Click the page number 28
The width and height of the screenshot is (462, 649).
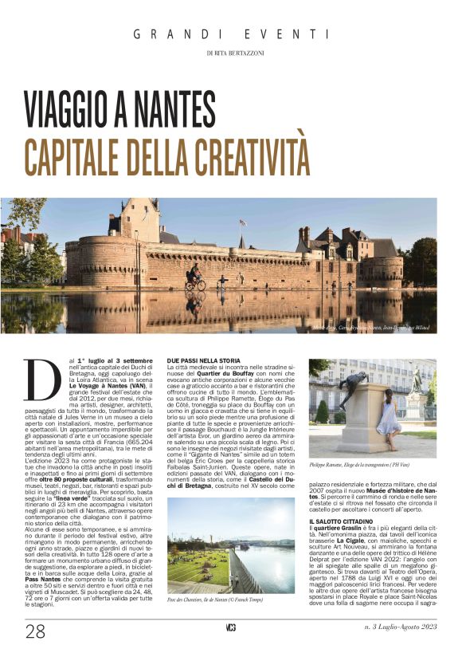(x=36, y=631)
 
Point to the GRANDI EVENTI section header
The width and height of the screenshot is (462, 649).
(x=230, y=34)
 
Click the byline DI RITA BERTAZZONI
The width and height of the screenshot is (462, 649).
(x=230, y=53)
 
